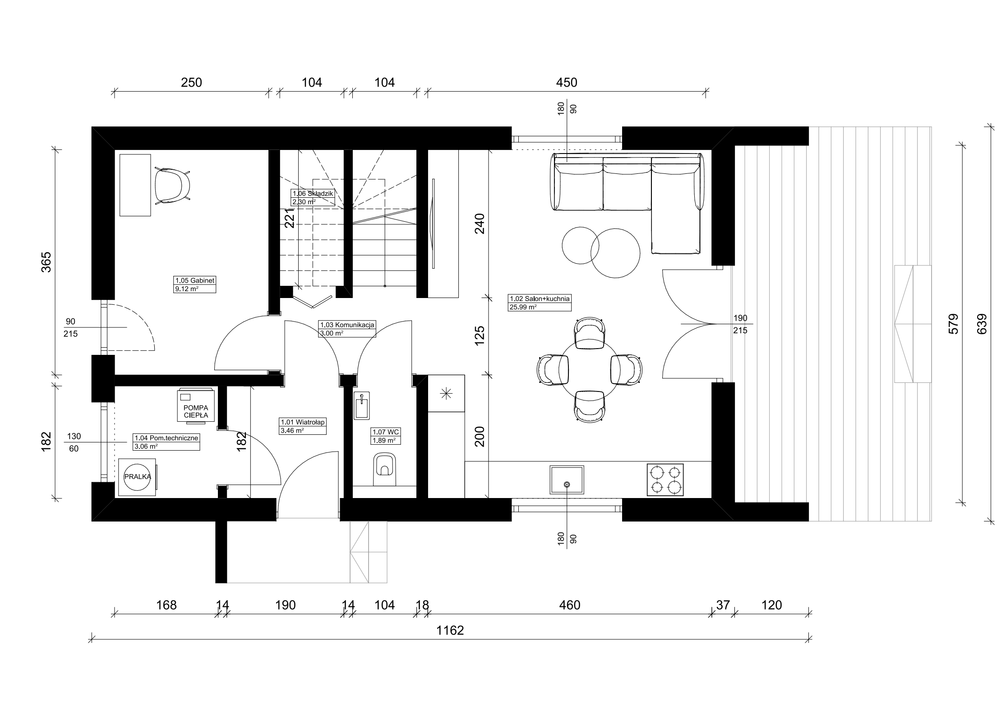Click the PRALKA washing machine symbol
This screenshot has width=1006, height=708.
(x=138, y=477)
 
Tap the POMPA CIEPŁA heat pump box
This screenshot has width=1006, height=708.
(x=196, y=405)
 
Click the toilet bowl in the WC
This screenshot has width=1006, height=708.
(x=385, y=470)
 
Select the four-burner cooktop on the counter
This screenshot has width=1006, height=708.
(x=665, y=480)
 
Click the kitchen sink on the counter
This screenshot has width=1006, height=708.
(x=567, y=480)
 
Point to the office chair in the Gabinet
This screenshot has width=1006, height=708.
(x=172, y=186)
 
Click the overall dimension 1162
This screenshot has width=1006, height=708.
(x=450, y=630)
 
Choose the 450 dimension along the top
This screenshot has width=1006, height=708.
(x=567, y=82)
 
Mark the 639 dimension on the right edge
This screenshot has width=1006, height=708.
(x=982, y=324)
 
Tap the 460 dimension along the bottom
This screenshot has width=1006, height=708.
(x=569, y=605)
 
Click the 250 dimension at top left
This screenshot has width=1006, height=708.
(x=191, y=82)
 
